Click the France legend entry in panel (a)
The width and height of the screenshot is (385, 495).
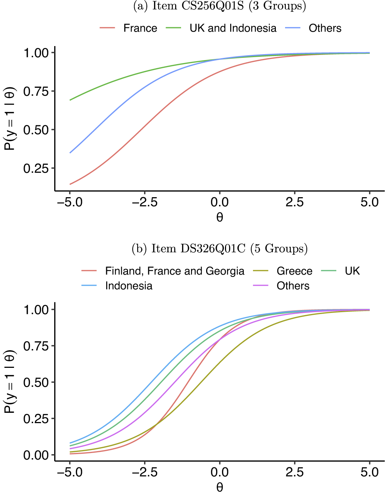coord(140,28)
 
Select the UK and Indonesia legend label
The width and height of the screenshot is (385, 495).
coord(233,28)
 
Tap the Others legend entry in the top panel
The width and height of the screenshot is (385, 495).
coord(325,28)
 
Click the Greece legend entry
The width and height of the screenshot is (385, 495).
coord(294,271)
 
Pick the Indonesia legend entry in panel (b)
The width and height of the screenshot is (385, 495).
coord(129,286)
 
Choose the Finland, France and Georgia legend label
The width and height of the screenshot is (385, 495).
coord(174,271)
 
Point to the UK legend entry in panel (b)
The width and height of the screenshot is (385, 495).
coord(352,271)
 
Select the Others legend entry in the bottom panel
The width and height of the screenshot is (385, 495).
coord(293,286)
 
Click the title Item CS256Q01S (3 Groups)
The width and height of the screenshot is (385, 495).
coord(220,6)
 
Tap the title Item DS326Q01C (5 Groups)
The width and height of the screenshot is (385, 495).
coord(220,249)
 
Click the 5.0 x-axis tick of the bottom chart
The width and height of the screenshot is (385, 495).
coord(370,472)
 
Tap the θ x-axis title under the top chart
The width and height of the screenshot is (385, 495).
coord(220,217)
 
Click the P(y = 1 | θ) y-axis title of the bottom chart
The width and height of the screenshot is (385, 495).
coord(10,382)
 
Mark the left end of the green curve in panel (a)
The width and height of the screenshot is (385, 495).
coord(70,100)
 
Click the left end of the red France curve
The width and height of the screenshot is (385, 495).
coord(70,184)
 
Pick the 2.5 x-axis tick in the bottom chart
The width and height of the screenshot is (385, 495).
coord(295,472)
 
